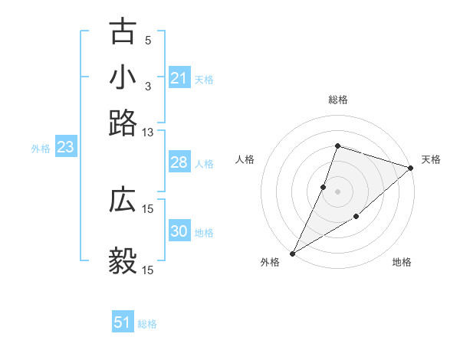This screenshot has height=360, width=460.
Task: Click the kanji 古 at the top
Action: (123, 34)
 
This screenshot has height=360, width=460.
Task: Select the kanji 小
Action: (123, 78)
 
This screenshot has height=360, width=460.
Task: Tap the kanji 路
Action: (123, 123)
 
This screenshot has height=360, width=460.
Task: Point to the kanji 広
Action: (123, 200)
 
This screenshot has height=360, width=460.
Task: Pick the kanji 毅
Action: (123, 261)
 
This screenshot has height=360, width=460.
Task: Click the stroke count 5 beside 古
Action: (148, 40)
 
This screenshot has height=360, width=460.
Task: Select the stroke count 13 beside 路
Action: (148, 133)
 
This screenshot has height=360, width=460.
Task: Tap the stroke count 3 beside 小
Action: (148, 85)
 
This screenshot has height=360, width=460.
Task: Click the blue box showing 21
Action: (179, 78)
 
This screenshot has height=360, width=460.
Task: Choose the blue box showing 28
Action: (179, 162)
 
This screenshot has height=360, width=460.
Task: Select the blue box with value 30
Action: (179, 232)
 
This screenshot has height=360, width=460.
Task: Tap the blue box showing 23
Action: (65, 148)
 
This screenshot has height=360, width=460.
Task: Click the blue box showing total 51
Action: (123, 322)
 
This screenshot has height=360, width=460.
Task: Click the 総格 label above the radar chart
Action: (337, 100)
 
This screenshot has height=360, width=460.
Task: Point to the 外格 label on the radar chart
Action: (270, 263)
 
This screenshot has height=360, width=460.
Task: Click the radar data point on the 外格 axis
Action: (292, 253)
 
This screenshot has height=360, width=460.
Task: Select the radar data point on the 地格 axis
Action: (356, 218)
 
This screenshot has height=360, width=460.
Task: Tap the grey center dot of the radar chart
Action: (337, 191)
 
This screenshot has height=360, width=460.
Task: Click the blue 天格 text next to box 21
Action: (204, 80)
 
